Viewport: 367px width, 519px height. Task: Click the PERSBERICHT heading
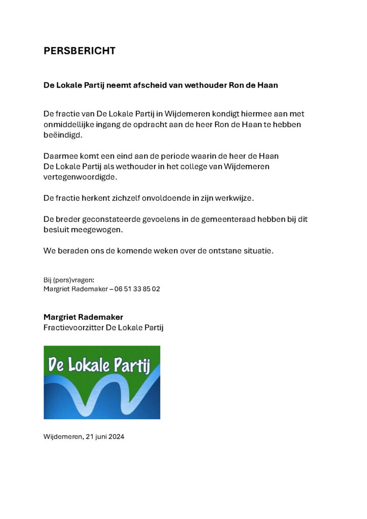pos(80,51)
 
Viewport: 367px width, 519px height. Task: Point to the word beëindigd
pos(62,135)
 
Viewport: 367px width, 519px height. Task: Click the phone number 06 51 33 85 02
pos(137,289)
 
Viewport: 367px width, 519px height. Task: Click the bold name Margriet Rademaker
pos(83,317)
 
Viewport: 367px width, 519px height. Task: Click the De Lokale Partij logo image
pos(102,382)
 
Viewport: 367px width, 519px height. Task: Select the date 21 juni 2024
pos(105,436)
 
